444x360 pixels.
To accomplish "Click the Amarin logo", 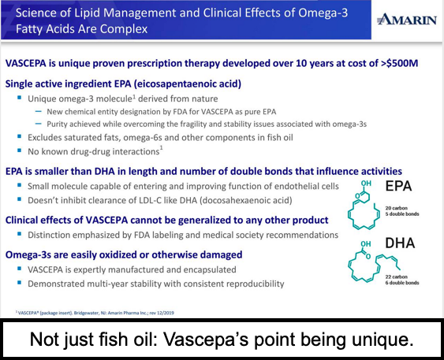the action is (407, 20).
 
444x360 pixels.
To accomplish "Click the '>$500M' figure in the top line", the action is (399, 63).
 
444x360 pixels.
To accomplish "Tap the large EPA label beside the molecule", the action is (398, 186).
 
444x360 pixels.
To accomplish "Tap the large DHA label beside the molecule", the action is (400, 243).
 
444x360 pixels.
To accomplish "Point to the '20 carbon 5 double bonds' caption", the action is (402, 211).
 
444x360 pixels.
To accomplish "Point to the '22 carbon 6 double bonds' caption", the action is (402, 280).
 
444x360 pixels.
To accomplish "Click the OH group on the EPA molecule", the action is (366, 184).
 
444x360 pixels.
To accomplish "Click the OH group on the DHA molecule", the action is (366, 243).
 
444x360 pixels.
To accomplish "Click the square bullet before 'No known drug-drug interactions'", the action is (19, 150).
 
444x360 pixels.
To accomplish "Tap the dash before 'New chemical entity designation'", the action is (38, 111).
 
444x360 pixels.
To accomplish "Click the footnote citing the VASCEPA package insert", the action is (95, 313).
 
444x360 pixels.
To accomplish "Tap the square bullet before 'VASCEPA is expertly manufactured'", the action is (19, 269).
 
